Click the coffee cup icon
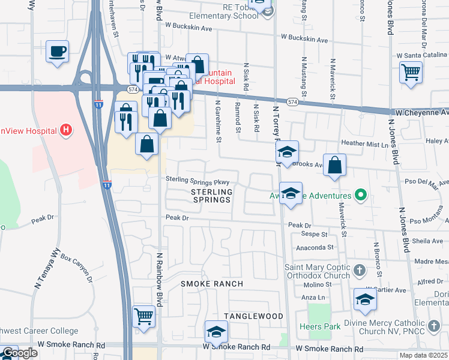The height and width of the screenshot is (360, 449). (x=57, y=52)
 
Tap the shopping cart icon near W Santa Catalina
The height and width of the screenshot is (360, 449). (x=411, y=73)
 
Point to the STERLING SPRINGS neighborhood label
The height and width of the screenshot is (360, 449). (x=211, y=196)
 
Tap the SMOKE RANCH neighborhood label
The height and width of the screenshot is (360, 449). (x=212, y=283)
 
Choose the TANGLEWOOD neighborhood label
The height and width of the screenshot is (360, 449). (x=253, y=316)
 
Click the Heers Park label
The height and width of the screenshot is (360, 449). (x=320, y=326)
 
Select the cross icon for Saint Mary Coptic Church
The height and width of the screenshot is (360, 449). (x=359, y=269)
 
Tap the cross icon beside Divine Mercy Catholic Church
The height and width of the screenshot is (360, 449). (x=433, y=326)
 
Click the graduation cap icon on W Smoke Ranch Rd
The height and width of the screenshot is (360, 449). (x=216, y=331)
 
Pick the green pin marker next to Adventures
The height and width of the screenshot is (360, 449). (x=360, y=196)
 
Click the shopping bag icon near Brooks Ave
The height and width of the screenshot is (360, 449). (x=335, y=165)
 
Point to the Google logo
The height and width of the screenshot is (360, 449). (x=19, y=353)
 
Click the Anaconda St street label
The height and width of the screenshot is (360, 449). (x=313, y=247)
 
